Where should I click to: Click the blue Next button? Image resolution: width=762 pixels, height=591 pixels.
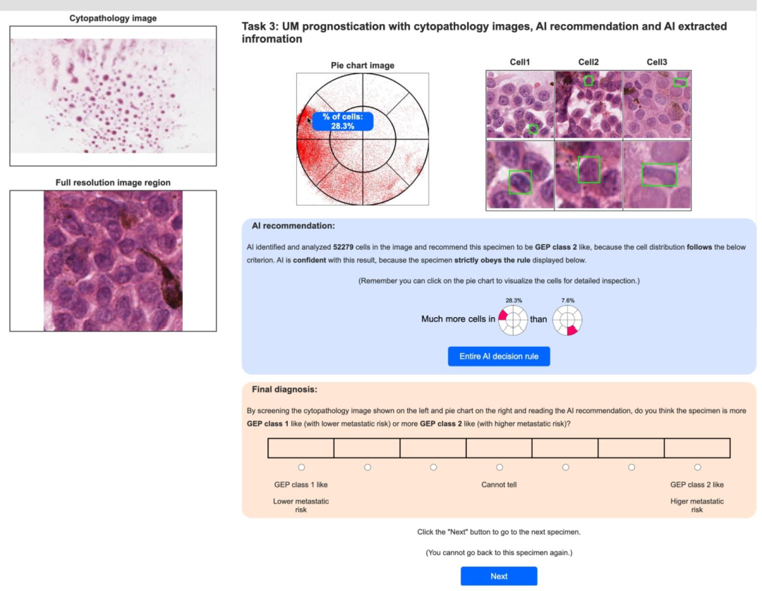499,576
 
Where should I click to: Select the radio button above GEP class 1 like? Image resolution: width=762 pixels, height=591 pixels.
301,467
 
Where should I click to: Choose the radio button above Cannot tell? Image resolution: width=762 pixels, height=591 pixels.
500,467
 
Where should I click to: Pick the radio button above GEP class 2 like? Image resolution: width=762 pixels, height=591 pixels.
697,467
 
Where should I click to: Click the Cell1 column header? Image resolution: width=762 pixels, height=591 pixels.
520,62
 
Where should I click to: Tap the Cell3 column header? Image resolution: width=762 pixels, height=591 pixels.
657,62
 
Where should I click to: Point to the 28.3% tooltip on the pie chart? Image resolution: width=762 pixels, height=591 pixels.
343,121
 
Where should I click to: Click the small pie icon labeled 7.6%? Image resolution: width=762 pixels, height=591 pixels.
567,319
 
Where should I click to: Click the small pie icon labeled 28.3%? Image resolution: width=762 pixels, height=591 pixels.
513,319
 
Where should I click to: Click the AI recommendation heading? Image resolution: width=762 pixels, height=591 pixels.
293,226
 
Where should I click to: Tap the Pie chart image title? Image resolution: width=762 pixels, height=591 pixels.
363,66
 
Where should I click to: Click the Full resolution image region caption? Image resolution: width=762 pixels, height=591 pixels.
113,183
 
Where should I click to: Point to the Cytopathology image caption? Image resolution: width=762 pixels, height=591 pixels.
113,18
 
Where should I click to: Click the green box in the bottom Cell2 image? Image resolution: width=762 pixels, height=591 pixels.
588,169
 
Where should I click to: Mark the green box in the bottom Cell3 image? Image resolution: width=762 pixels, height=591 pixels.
659,174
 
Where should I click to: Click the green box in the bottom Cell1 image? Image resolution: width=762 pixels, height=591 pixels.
520,181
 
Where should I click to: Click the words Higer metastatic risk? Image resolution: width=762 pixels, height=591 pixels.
697,506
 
